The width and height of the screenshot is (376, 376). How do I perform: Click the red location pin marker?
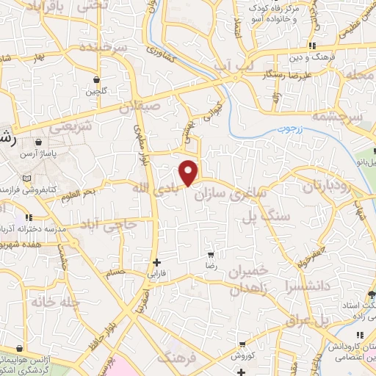(x=189, y=172)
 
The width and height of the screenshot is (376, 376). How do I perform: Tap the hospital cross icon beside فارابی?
(x=156, y=262)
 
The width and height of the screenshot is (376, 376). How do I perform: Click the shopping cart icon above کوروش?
(x=242, y=344)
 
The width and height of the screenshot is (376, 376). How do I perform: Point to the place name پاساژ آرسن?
(x=54, y=153)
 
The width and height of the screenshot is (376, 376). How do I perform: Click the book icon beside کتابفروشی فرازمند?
(x=27, y=178)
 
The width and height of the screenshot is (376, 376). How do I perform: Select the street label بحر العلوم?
(x=79, y=193)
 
